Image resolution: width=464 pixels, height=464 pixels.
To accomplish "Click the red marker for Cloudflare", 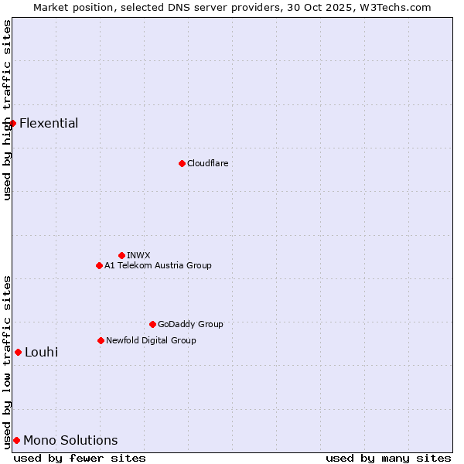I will pyautogui.click(x=182, y=163).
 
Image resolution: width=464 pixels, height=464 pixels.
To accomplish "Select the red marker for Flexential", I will pyautogui.click(x=12, y=123).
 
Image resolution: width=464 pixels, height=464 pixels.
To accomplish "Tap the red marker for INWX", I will pyautogui.click(x=121, y=255).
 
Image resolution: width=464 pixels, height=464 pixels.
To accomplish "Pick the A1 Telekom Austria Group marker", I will pyautogui.click(x=99, y=265).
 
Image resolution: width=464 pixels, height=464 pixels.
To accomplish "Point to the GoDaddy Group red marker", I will pyautogui.click(x=152, y=324).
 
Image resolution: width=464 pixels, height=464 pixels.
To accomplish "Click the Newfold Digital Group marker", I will pyautogui.click(x=101, y=340).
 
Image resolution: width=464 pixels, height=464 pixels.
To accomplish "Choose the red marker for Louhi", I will pyautogui.click(x=18, y=352).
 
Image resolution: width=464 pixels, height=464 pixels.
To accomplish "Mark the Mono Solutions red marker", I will pyautogui.click(x=16, y=440).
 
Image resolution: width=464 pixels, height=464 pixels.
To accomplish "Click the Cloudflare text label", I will pyautogui.click(x=207, y=163).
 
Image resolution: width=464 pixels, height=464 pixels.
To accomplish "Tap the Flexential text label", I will pyautogui.click(x=49, y=123).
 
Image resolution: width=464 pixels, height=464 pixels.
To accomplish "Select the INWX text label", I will pyautogui.click(x=138, y=255).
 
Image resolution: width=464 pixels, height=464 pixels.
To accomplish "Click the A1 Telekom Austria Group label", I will pyautogui.click(x=158, y=265).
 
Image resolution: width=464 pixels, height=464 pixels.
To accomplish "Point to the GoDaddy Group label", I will pyautogui.click(x=190, y=324).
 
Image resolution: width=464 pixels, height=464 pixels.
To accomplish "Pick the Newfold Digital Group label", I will pyautogui.click(x=151, y=340).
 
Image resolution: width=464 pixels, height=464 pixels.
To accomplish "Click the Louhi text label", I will pyautogui.click(x=41, y=352).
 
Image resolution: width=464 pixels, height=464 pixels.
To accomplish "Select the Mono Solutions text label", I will pyautogui.click(x=70, y=440).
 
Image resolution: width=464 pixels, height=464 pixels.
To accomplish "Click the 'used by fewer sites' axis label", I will pyautogui.click(x=80, y=458).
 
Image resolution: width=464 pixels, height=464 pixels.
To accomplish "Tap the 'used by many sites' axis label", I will pyautogui.click(x=388, y=458).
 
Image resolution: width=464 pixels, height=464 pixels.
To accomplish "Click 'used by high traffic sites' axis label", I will pyautogui.click(x=7, y=110).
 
